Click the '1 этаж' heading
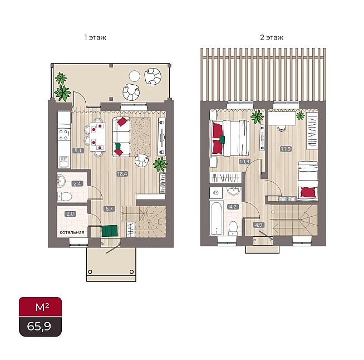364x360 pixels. point(95,37)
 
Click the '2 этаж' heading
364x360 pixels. point(272,37)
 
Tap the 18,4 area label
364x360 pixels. point(122,174)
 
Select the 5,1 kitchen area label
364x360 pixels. point(78,150)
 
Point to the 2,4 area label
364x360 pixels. point(77,183)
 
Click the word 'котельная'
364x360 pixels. point(72,232)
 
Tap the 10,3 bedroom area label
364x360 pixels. point(244,162)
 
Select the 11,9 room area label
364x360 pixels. point(286,149)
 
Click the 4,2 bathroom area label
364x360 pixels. point(233,206)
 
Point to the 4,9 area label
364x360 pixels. point(259,225)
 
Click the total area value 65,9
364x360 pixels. point(39,327)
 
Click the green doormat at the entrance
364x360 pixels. point(110,231)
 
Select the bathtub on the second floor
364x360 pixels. point(216,218)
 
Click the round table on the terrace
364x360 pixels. point(135,76)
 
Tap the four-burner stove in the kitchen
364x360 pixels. point(63,135)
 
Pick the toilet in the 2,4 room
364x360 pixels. point(65,197)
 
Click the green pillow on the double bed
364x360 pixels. point(222,139)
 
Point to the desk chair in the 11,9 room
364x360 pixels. point(282,128)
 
